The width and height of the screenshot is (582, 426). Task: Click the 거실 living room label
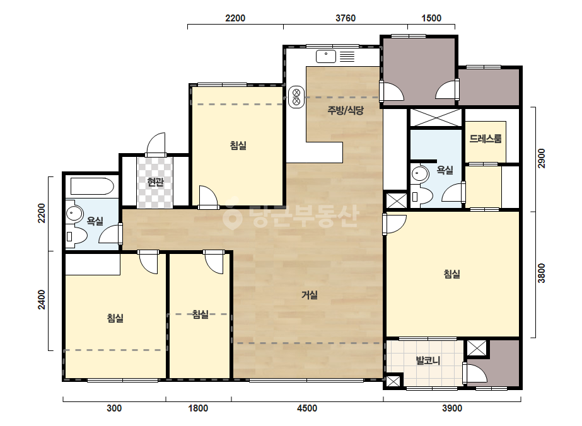coord(309,295)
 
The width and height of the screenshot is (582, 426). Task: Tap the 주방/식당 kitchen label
coord(345,110)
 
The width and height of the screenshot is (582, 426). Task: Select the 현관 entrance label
coord(155,182)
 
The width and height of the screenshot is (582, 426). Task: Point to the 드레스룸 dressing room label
coord(486,139)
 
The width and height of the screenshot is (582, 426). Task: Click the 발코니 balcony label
coord(428,360)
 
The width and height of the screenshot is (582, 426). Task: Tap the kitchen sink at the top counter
coord(326,57)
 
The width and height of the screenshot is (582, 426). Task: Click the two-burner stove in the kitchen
coord(296,96)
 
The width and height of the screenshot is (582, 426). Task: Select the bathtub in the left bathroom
coord(92,187)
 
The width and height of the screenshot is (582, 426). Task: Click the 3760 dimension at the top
coord(345,18)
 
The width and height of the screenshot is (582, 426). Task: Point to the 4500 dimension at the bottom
coord(307,408)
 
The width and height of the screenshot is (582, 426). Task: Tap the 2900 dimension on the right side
coord(542,158)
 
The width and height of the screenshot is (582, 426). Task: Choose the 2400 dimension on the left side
coord(42,299)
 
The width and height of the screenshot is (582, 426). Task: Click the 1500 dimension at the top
coord(431,18)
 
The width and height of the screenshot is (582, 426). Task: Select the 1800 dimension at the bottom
coord(198,408)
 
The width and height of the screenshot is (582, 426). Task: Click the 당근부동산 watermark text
coord(291,216)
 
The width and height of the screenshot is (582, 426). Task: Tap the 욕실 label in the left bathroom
coord(95,221)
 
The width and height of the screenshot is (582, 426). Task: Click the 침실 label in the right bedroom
coord(451,274)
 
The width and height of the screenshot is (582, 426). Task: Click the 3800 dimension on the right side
coord(542,273)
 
